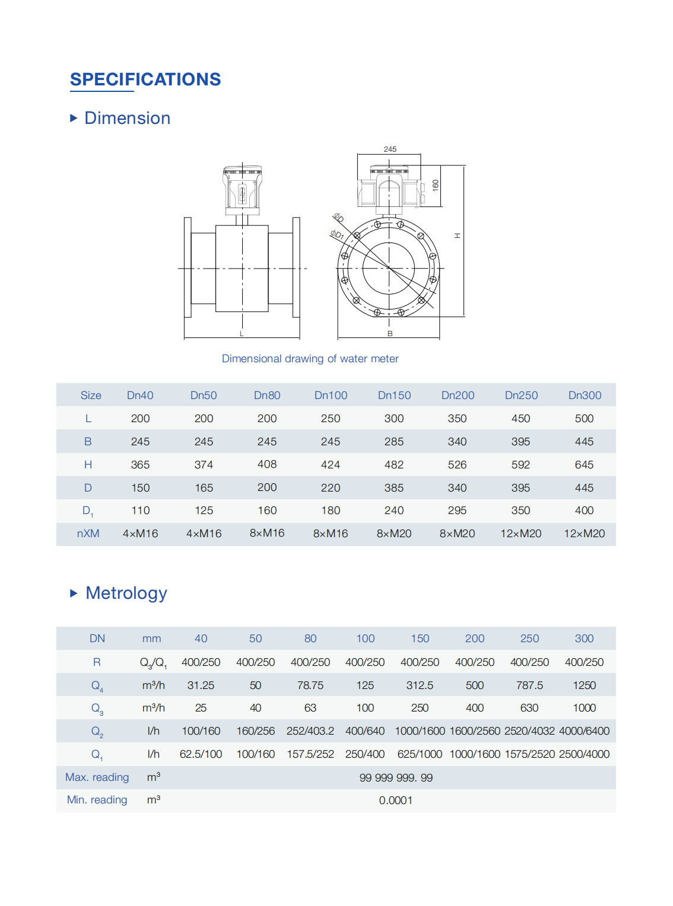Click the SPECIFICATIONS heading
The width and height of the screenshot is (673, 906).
[x=145, y=79]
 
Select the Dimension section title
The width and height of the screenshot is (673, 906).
[x=127, y=118]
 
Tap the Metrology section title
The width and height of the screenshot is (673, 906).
[x=126, y=593]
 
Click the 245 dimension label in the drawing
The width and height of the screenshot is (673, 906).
[x=390, y=149]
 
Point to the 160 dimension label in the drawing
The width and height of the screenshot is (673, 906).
[x=435, y=185]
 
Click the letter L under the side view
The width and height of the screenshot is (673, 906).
[x=242, y=334]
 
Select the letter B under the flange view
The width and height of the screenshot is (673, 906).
[x=390, y=334]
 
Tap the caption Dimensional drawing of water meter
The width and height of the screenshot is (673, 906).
[x=310, y=359]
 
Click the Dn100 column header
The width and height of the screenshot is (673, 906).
[x=331, y=395]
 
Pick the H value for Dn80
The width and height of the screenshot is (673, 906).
[x=267, y=464]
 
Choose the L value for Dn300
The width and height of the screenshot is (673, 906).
[x=584, y=419]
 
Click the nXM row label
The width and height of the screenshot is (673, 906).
[x=88, y=534]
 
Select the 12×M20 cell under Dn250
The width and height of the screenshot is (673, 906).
[x=520, y=534]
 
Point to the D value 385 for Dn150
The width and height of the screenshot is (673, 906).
[x=393, y=488]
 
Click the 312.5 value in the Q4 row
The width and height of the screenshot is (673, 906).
[x=420, y=685]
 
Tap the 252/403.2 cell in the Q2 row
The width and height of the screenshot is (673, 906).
[x=310, y=731]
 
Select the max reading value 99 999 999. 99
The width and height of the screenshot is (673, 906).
[x=396, y=778]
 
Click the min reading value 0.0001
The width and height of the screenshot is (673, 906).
[x=396, y=800]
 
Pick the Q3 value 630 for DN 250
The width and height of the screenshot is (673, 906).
[x=529, y=708]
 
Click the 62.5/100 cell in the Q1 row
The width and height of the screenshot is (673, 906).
[x=201, y=754]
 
